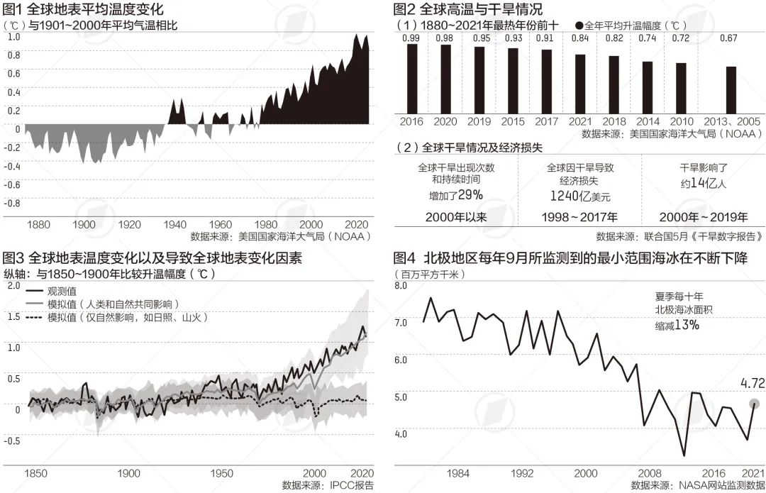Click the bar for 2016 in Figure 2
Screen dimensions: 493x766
click(x=411, y=78)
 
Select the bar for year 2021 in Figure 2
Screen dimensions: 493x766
click(x=580, y=83)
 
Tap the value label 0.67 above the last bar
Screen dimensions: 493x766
click(x=728, y=38)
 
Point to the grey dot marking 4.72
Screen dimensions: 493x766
click(x=754, y=404)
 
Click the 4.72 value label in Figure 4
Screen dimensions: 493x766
click(x=753, y=384)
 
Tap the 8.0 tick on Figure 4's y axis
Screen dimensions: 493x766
click(x=400, y=286)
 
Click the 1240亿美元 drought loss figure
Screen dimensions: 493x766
click(x=579, y=196)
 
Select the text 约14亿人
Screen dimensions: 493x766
click(x=704, y=182)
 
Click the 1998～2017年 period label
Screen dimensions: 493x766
click(x=579, y=217)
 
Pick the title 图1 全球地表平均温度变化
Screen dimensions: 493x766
click(x=84, y=10)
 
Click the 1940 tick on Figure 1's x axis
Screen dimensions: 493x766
click(x=174, y=224)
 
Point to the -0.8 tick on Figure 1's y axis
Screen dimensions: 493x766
click(x=13, y=203)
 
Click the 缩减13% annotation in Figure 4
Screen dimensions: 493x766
click(x=677, y=325)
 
